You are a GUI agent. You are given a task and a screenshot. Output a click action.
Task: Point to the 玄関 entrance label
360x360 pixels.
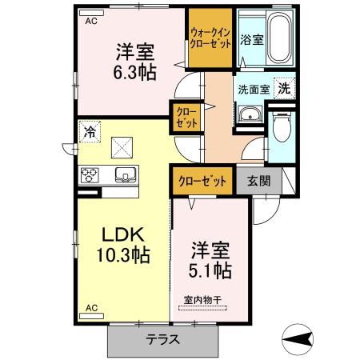pyautogui.click(x=258, y=181)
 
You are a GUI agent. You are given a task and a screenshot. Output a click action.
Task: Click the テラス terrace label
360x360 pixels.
pyautogui.click(x=162, y=340)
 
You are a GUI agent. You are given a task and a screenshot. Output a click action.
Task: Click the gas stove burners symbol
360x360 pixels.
pyautogui.click(x=88, y=174)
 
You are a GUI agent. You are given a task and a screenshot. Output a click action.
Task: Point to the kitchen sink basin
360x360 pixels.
pyautogui.click(x=125, y=174)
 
